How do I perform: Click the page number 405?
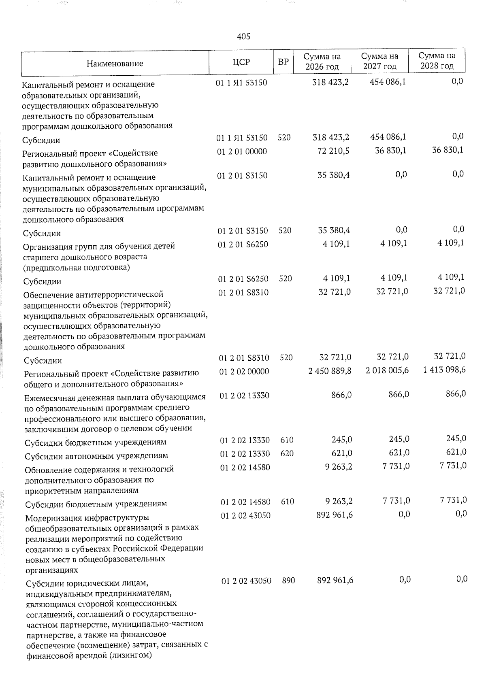click(243, 36)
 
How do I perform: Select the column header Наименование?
click(115, 63)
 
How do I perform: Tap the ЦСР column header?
click(241, 62)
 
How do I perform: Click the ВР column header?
click(283, 62)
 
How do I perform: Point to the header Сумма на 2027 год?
click(379, 61)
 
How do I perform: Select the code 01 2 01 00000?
click(242, 151)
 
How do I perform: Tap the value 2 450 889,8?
click(330, 371)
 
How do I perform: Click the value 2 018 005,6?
click(387, 370)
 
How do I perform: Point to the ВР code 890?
click(288, 581)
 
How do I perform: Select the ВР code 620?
click(287, 453)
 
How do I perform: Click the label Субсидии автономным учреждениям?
click(96, 456)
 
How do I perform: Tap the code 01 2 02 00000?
click(244, 371)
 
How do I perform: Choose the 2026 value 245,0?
click(342, 440)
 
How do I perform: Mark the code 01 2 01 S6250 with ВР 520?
click(243, 279)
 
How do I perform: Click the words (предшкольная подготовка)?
click(77, 267)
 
